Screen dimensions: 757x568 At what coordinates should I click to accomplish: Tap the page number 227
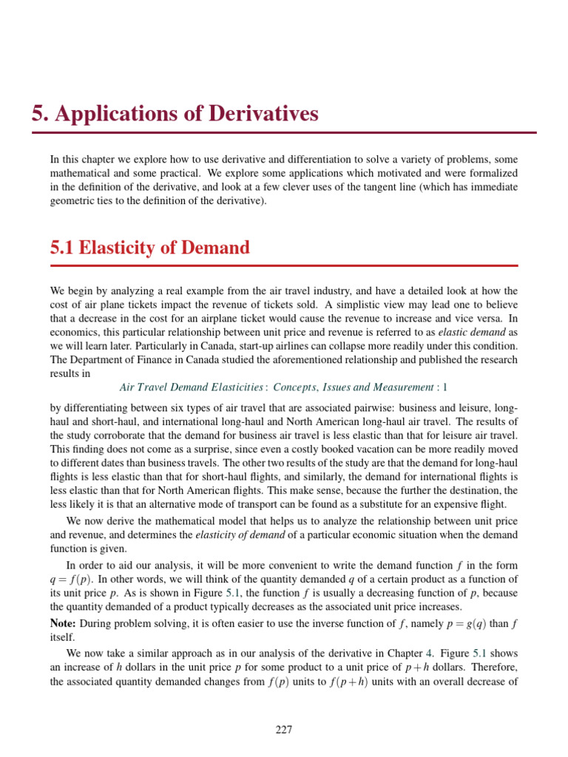tap(284, 730)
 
